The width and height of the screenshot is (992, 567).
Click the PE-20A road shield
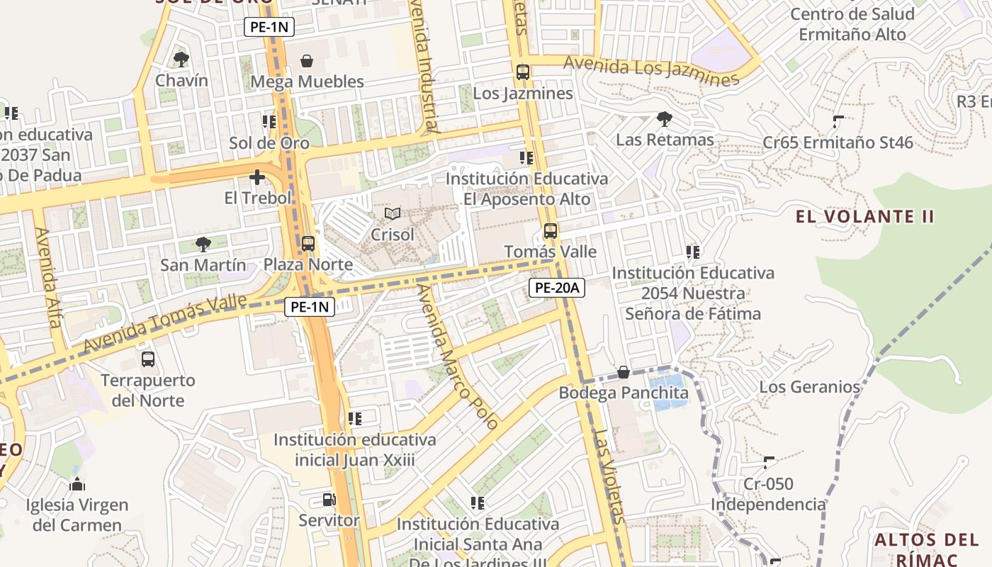tap(556, 288)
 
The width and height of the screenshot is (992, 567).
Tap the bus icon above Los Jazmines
tap(523, 72)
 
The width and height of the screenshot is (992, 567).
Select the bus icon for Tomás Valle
tap(551, 231)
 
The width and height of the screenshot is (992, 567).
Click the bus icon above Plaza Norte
tap(308, 244)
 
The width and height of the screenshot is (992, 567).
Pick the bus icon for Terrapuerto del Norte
tap(147, 359)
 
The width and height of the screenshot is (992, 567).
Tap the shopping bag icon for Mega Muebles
tap(307, 61)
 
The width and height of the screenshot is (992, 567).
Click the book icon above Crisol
tap(392, 213)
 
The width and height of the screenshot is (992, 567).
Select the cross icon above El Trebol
tap(257, 177)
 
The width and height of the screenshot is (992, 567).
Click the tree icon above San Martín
tap(203, 245)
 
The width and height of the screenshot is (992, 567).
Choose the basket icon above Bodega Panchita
tap(623, 372)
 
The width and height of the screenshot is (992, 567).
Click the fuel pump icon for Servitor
tap(329, 500)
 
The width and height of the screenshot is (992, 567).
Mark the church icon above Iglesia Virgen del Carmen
tap(77, 485)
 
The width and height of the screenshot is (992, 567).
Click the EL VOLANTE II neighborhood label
tap(864, 217)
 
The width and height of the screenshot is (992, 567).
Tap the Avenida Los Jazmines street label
tap(651, 70)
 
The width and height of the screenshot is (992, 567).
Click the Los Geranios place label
tap(809, 387)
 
